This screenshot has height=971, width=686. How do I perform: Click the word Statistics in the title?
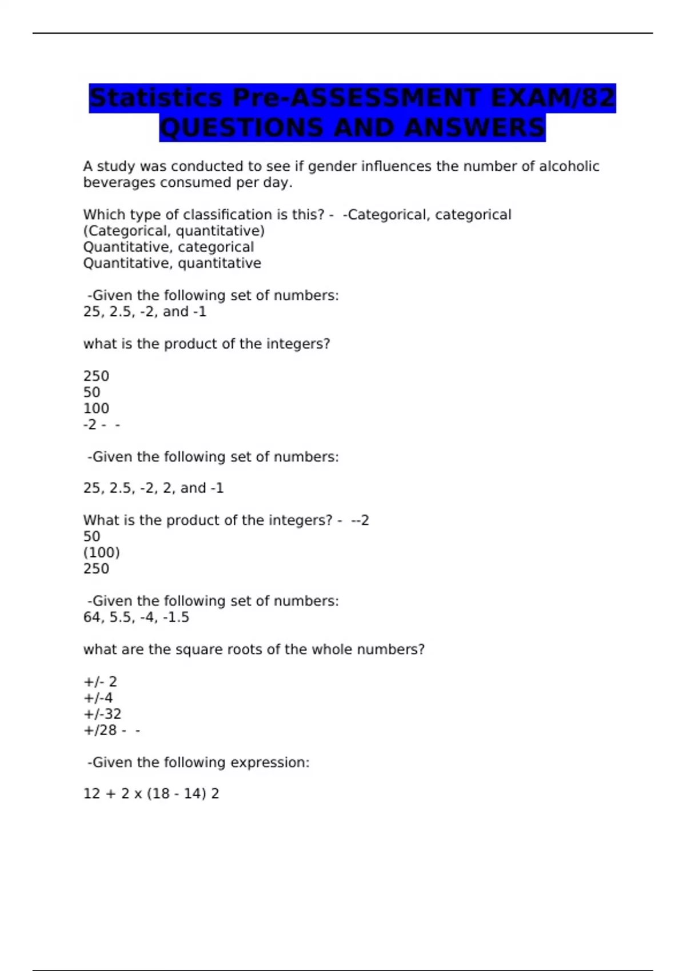click(155, 98)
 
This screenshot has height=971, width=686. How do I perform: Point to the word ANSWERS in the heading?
click(474, 127)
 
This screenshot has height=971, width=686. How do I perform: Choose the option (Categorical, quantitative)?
click(174, 231)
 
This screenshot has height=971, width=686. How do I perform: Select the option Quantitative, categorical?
click(169, 247)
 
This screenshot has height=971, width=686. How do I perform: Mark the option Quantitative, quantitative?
click(172, 263)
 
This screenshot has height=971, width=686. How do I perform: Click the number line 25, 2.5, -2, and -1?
click(145, 312)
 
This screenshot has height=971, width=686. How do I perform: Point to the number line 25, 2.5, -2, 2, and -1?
click(153, 488)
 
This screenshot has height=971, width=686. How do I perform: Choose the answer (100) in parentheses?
click(102, 552)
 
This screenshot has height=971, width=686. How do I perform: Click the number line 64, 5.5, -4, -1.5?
click(136, 617)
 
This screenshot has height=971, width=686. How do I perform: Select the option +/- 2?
click(100, 682)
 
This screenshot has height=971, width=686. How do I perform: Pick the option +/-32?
click(102, 714)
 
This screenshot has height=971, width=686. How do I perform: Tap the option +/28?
click(100, 731)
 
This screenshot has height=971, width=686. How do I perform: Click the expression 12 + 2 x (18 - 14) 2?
click(151, 794)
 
